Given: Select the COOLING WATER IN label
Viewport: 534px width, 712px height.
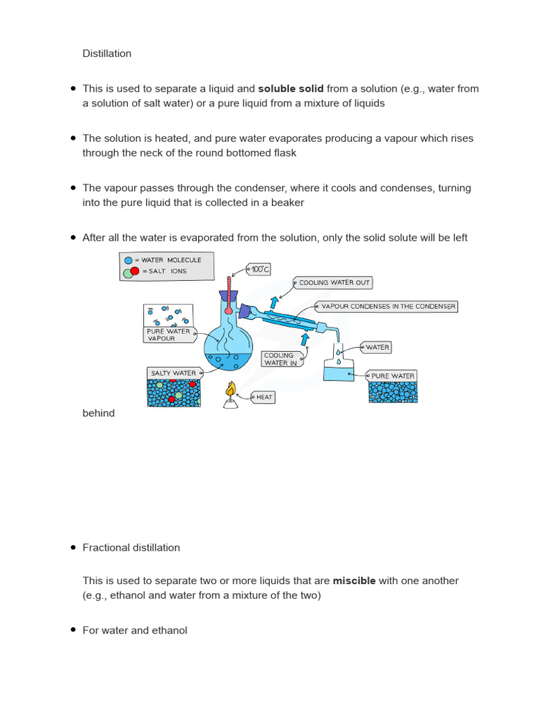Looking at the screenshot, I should pos(280,359).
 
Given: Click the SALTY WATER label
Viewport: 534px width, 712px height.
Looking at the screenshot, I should pos(173,373).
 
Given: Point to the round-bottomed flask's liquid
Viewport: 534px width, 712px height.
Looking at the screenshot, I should pos(227,359).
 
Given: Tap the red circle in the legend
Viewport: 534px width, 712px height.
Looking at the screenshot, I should pos(135,270).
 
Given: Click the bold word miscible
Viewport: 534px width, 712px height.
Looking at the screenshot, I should pos(354,581).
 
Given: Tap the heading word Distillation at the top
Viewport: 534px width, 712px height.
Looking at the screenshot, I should pos(107,54).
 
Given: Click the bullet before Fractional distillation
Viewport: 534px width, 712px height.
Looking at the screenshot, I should pos(73,547).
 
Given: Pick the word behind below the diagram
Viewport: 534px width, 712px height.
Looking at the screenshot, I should pos(98,413).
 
